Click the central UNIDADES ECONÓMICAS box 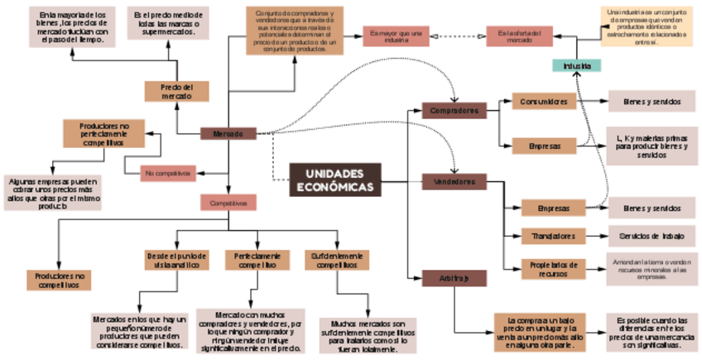(x=335, y=180)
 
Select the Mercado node (x=228, y=133)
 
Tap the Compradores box (x=454, y=110)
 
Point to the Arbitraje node (x=454, y=279)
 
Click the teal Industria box (x=576, y=66)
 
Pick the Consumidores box (x=543, y=101)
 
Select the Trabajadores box (x=554, y=237)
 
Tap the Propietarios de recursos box (x=554, y=268)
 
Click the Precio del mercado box (x=176, y=91)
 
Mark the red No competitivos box (x=167, y=173)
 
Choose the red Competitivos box (x=228, y=202)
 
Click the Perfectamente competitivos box (x=257, y=260)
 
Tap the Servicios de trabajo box (x=652, y=237)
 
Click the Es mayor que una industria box (x=397, y=36)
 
